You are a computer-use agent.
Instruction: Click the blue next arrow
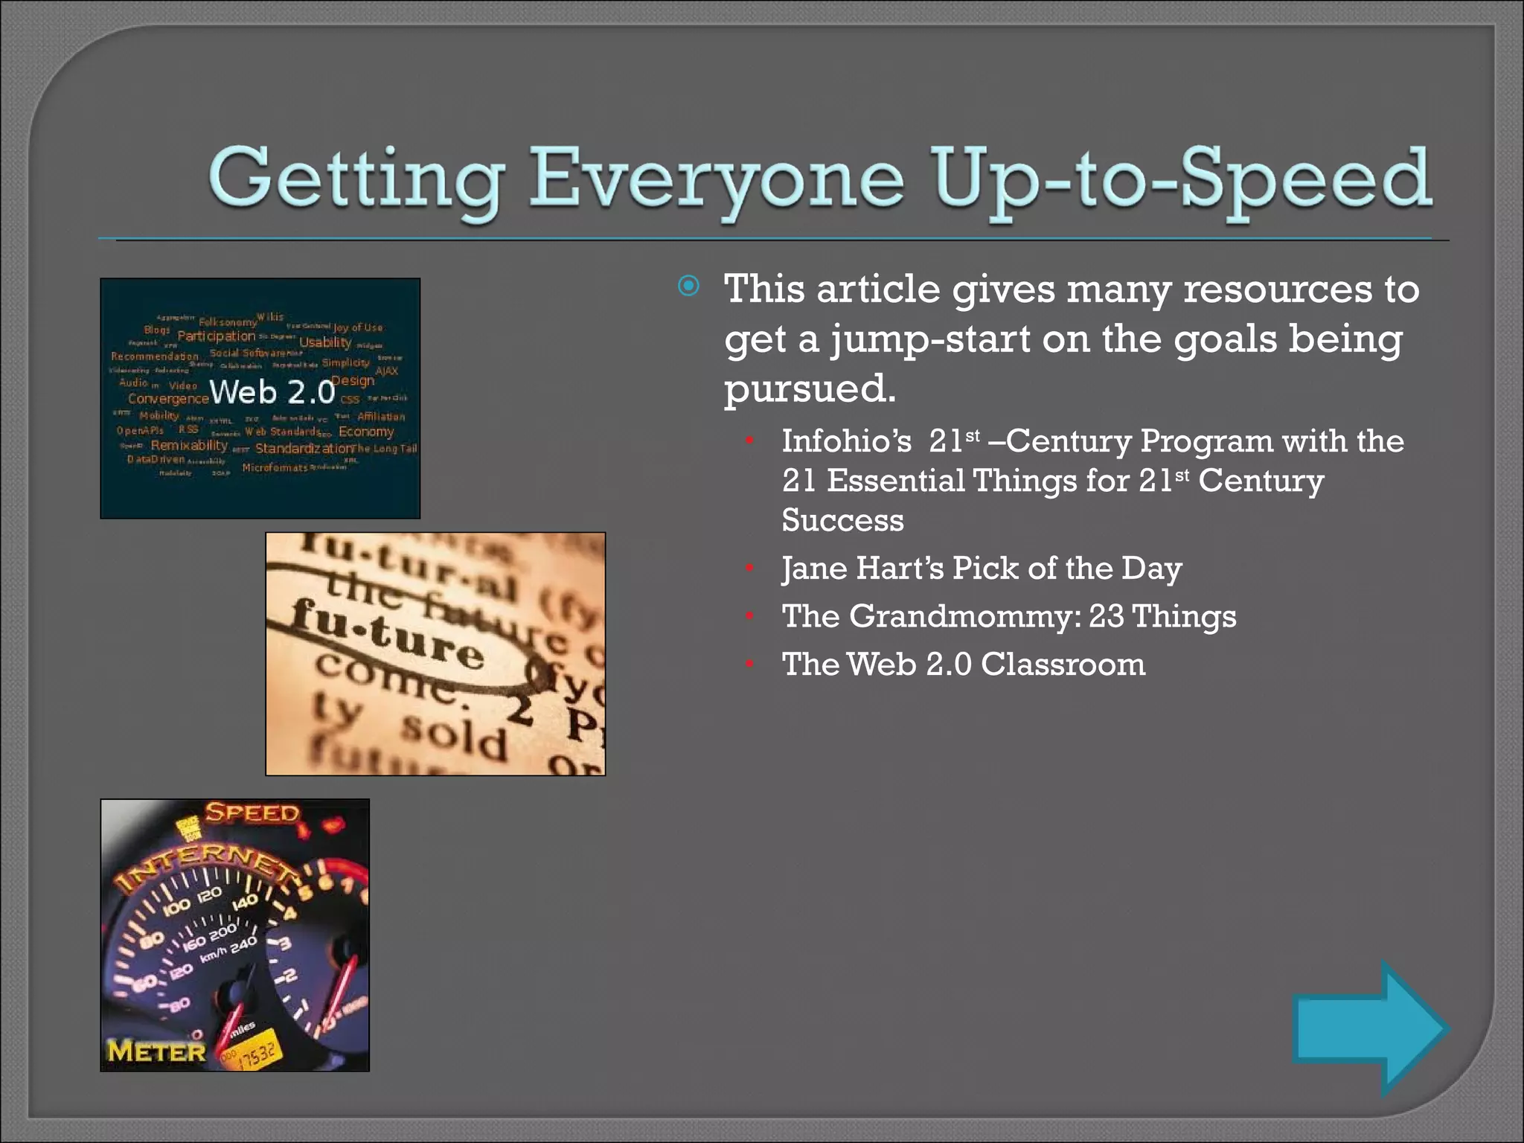1369,1028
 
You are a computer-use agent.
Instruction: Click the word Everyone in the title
715,179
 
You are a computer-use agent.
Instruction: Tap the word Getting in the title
356,179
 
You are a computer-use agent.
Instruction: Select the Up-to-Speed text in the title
1183,179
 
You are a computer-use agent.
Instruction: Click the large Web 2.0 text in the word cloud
272,391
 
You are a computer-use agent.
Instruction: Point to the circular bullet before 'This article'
688,286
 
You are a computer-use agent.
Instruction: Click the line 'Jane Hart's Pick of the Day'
982,569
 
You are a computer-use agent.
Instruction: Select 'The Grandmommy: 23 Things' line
1008,616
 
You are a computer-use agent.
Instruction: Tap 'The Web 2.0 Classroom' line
963,664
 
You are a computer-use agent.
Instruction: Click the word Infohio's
846,441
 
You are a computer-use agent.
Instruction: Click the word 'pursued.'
810,388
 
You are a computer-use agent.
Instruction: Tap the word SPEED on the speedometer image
252,813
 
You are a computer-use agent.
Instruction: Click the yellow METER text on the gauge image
156,1051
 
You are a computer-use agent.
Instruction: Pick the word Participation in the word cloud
216,336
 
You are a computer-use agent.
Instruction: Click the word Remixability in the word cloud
189,445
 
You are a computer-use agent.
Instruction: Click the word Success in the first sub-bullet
842,520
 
